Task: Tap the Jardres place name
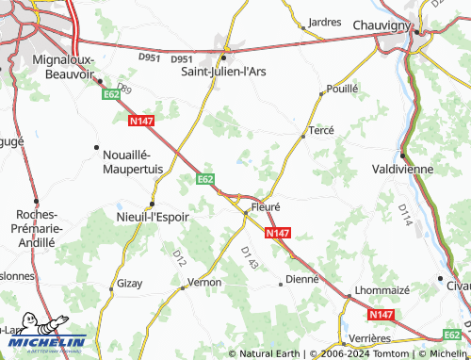(x=324, y=22)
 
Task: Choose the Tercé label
(x=322, y=133)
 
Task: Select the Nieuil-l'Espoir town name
(x=154, y=216)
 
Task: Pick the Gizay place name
(x=129, y=283)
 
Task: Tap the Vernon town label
(x=203, y=282)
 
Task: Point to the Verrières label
(x=368, y=337)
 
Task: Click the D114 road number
(x=405, y=221)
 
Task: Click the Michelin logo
(x=44, y=342)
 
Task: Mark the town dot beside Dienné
(x=281, y=282)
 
